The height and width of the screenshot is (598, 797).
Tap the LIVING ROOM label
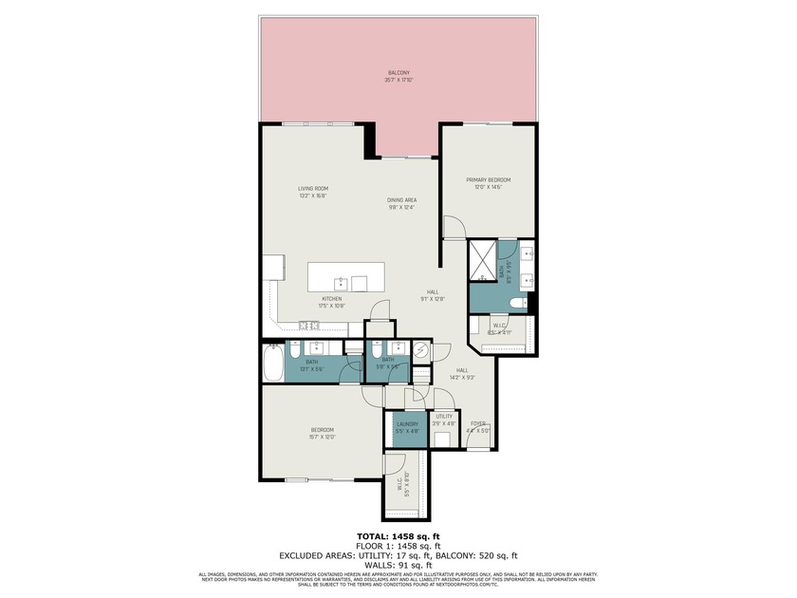click(x=312, y=189)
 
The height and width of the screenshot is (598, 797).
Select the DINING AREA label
click(x=401, y=200)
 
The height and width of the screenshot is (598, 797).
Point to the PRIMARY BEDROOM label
click(x=488, y=180)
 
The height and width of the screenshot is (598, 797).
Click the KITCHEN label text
click(x=331, y=299)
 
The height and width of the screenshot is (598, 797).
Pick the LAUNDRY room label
click(x=407, y=424)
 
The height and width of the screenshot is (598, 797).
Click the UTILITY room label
click(x=443, y=417)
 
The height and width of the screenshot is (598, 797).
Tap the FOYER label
click(x=478, y=424)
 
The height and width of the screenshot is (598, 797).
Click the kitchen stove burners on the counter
click(x=308, y=326)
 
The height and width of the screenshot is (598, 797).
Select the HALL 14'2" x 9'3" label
click(x=462, y=371)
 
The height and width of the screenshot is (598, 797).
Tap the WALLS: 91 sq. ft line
click(x=398, y=566)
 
